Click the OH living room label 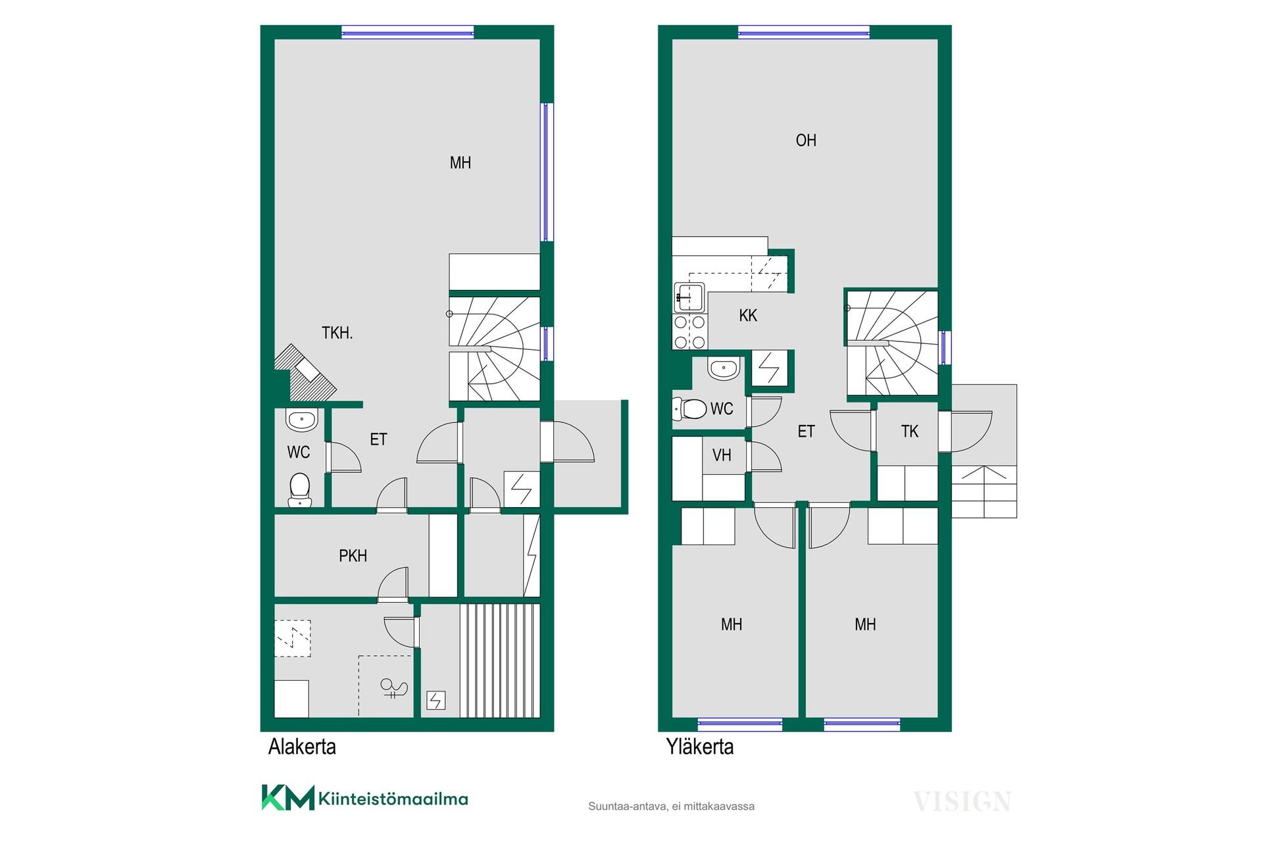click(x=806, y=140)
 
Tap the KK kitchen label click(x=748, y=316)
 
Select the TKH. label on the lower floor click(x=337, y=334)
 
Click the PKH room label click(x=353, y=556)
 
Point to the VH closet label click(x=722, y=455)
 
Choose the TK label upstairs click(x=910, y=432)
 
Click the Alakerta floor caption click(x=302, y=747)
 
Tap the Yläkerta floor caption click(x=700, y=747)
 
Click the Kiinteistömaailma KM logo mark click(x=287, y=797)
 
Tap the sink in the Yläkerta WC click(x=724, y=368)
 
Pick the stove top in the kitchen click(x=689, y=332)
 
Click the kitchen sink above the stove click(x=689, y=297)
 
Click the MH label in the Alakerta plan click(x=460, y=163)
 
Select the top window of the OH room click(x=804, y=31)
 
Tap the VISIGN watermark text click(x=962, y=802)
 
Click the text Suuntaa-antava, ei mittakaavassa click(x=672, y=806)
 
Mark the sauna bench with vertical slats click(x=499, y=660)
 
